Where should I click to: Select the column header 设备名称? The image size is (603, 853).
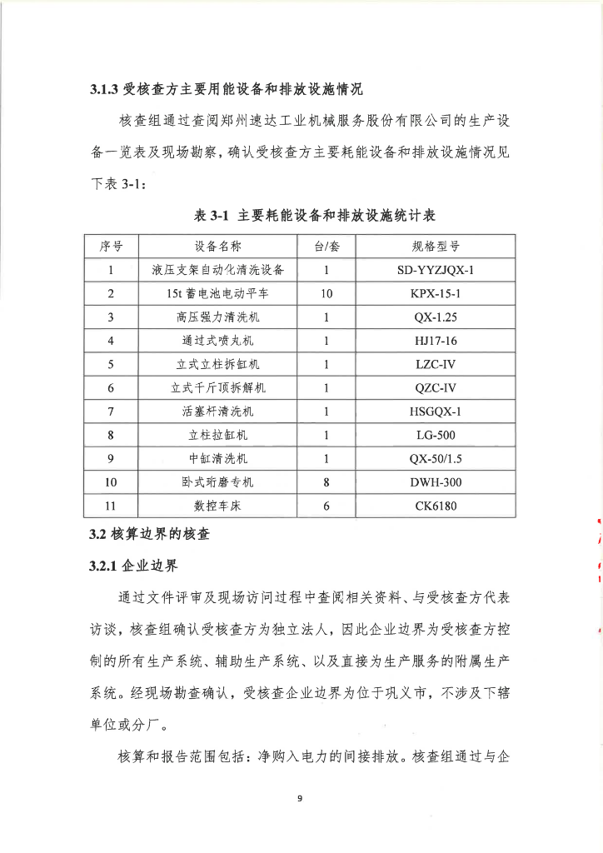coord(218,246)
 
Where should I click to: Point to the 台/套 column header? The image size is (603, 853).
coord(326,246)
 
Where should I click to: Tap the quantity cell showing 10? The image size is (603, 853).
coord(326,293)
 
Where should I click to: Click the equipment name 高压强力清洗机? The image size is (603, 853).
coord(218,317)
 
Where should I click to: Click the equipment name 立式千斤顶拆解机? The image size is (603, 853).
coord(218,387)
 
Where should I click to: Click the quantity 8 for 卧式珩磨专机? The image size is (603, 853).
coord(326,482)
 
